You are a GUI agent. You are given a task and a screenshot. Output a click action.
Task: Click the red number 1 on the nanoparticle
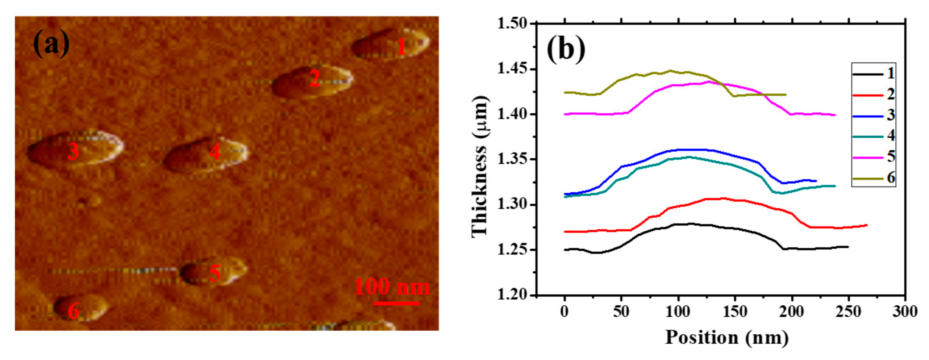coord(401,47)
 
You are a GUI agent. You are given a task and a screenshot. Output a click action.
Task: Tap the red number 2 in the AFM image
coord(314,79)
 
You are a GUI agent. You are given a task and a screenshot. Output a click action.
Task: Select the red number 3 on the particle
coord(73,151)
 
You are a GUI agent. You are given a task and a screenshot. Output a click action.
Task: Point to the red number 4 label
coord(215,152)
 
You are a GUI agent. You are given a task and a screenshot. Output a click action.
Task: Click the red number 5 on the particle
coord(215,273)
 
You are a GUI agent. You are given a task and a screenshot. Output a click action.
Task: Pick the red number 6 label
coord(74,311)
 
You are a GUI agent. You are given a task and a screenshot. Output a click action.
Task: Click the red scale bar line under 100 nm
coord(396,303)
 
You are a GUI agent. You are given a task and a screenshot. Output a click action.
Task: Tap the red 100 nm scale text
coord(391,287)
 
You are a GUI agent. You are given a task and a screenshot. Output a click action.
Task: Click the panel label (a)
coord(51,44)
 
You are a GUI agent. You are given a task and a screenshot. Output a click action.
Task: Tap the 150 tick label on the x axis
coord(735,311)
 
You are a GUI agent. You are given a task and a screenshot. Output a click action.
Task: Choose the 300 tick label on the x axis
coord(905,311)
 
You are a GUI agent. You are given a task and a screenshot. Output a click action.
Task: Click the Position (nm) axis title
coord(727,338)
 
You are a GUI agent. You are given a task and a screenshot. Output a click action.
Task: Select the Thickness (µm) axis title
coord(479,167)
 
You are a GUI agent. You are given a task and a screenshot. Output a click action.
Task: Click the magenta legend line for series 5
coord(867,158)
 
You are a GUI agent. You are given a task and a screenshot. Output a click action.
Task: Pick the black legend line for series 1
coord(867,74)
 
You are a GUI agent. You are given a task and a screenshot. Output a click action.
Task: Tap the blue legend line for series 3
coord(867,116)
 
